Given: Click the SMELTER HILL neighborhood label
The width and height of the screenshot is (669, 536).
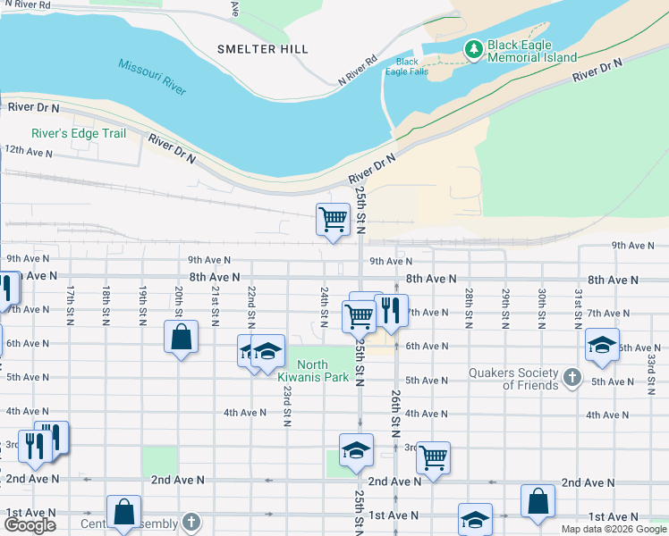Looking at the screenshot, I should pos(262,49).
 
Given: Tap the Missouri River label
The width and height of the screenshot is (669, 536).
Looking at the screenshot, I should pos(151,78).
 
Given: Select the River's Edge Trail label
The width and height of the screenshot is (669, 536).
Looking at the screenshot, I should pos(79,134).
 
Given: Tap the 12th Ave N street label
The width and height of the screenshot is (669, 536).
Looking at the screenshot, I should pos(29,151).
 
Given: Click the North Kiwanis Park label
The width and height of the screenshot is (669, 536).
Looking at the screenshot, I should pos(324,371).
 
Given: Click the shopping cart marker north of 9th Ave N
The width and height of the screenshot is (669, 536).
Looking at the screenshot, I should pos(333,217).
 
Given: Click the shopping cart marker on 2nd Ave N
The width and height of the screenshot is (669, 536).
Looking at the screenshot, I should pos(433,457).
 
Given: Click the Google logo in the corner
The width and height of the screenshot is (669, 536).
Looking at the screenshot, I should pos(30,525).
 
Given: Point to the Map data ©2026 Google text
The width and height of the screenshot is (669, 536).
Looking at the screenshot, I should pos(614,529).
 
